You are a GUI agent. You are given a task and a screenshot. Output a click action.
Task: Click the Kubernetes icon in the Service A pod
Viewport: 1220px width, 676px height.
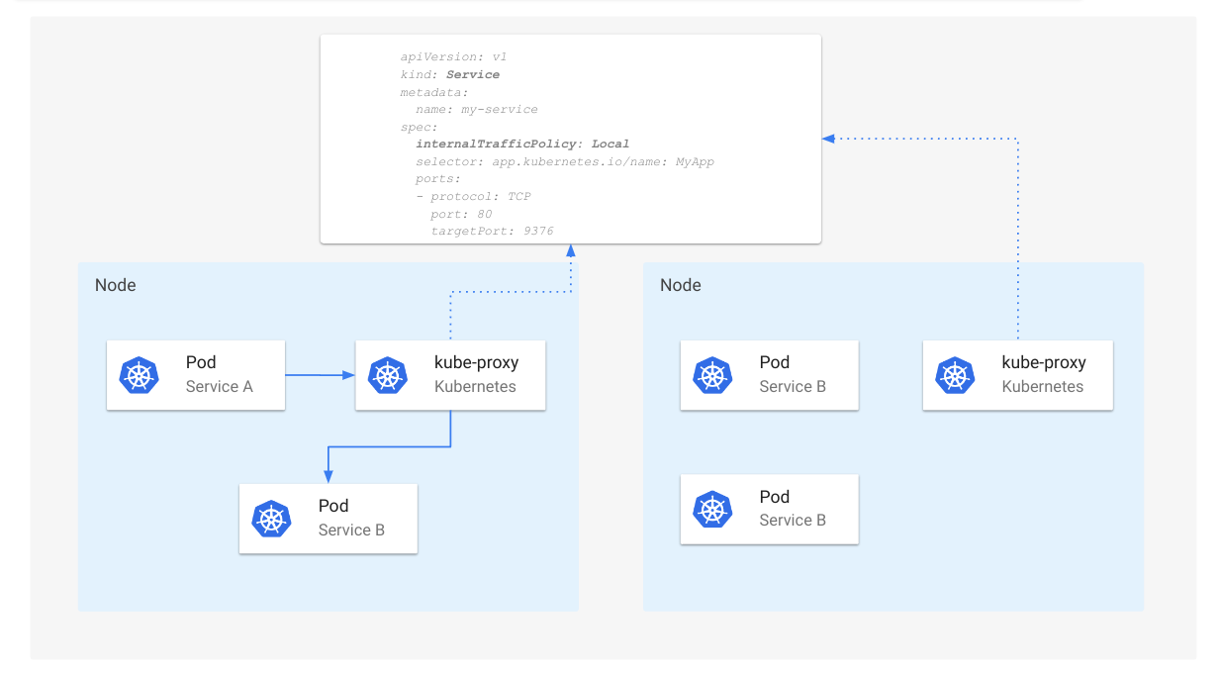click(x=139, y=375)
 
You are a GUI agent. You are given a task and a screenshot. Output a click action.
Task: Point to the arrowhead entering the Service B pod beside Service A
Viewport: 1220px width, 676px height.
click(x=328, y=476)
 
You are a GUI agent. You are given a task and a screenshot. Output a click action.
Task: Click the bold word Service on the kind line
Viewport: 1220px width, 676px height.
click(x=472, y=74)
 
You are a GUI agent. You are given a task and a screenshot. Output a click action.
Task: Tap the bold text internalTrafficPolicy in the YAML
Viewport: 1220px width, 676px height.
click(x=495, y=144)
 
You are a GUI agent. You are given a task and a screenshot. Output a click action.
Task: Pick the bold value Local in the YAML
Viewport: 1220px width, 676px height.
click(x=610, y=144)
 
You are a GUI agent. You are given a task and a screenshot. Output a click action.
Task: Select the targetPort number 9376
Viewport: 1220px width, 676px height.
click(x=538, y=231)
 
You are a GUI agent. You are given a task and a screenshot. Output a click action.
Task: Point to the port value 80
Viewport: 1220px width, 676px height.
click(x=484, y=214)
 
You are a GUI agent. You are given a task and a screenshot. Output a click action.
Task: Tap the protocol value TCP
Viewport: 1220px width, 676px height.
click(x=518, y=196)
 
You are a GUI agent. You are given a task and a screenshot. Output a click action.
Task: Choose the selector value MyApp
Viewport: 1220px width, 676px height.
click(x=695, y=161)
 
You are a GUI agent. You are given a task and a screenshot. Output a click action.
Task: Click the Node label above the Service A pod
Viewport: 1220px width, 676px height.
click(x=115, y=285)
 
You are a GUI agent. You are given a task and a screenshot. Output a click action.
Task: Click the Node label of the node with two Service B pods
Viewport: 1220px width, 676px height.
click(x=680, y=285)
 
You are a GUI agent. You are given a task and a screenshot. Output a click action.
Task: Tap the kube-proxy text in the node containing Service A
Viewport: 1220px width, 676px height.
click(x=476, y=362)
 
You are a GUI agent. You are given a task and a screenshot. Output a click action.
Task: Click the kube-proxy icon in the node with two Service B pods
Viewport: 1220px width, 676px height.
click(x=954, y=375)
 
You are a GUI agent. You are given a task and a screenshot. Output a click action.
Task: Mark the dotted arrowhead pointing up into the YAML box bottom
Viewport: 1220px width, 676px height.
click(x=571, y=250)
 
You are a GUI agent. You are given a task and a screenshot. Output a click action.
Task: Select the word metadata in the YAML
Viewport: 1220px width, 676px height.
click(x=433, y=92)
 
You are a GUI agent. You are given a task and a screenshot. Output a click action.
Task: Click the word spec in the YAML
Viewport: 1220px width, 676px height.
click(x=418, y=127)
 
